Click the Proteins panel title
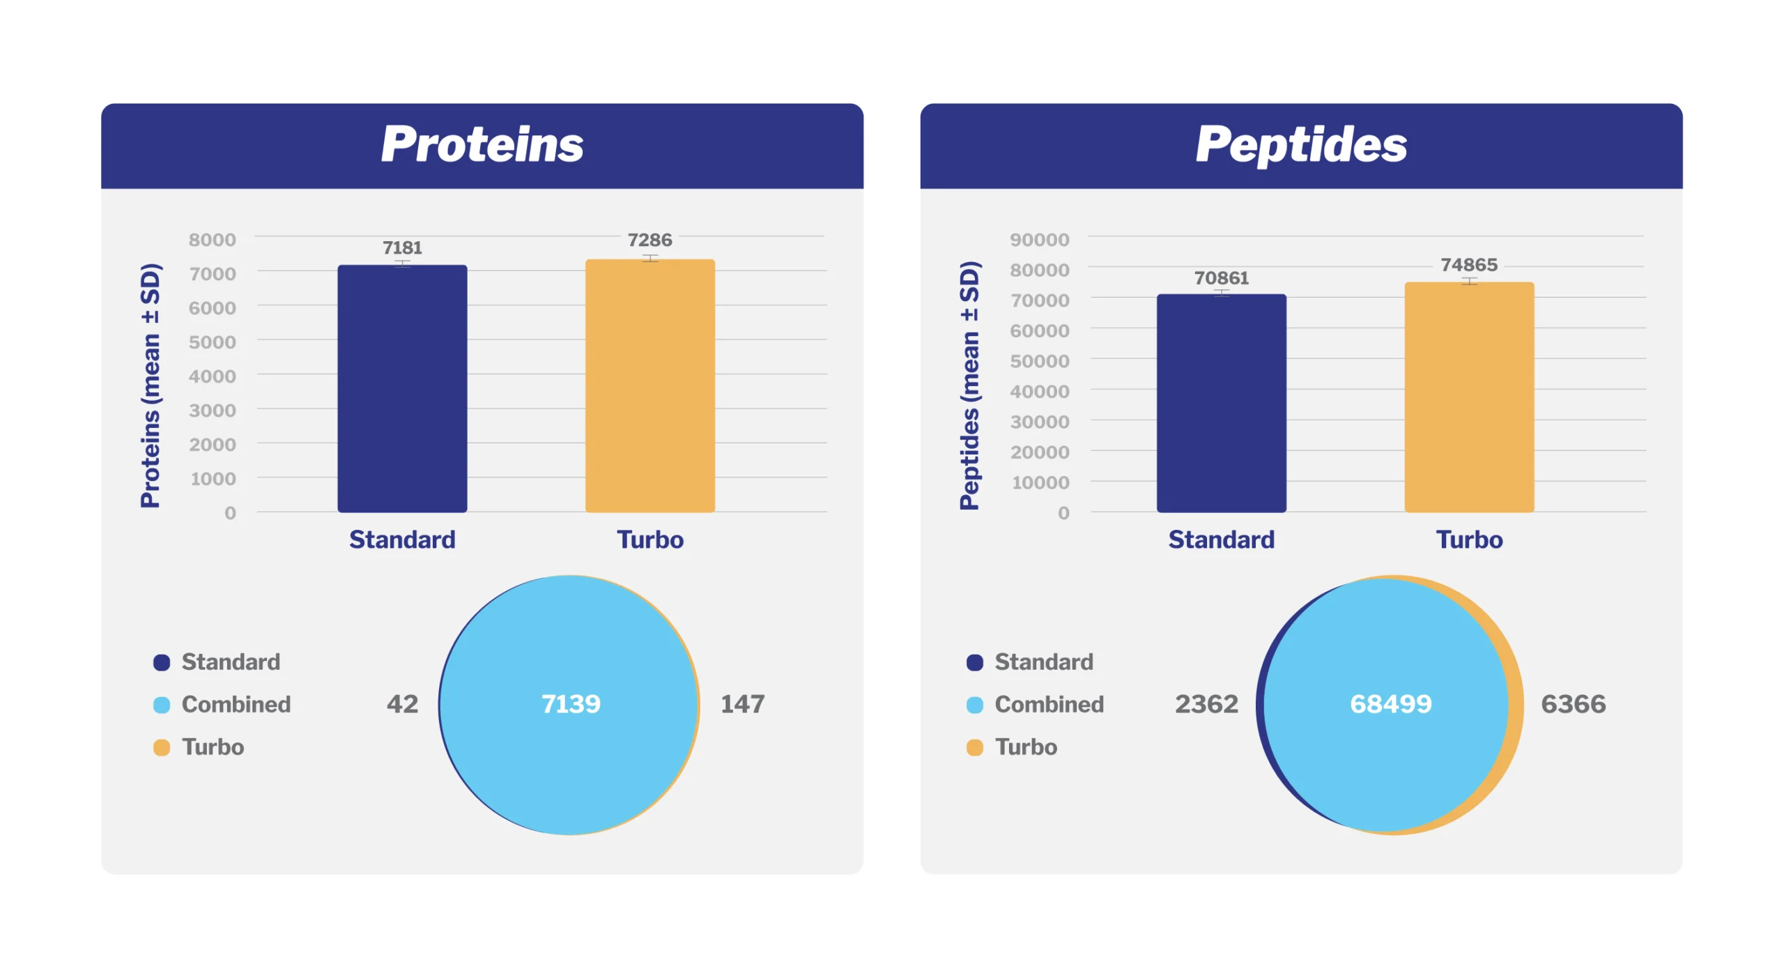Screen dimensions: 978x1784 pos(482,144)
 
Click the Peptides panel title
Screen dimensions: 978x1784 pos(1300,144)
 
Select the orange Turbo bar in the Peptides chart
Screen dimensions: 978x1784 pos(1468,397)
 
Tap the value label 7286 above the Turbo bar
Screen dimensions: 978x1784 pos(649,240)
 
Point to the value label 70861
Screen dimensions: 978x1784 pos(1221,277)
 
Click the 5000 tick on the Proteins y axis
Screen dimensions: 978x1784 pos(212,342)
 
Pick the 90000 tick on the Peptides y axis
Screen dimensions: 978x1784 pos(1039,239)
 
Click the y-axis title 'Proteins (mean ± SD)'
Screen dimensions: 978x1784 pos(151,385)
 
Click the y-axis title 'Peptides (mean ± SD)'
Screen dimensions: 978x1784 pos(969,385)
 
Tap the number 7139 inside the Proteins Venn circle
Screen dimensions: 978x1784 pos(571,703)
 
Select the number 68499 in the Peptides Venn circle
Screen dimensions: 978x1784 pos(1390,703)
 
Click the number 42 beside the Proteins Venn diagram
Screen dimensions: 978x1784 pos(402,703)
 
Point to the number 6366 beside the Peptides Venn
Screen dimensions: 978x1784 pos(1573,703)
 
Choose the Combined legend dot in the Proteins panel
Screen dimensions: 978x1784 pos(162,704)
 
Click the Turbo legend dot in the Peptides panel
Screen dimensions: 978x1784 pos(974,747)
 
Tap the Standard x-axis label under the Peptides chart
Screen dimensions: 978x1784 pos(1221,539)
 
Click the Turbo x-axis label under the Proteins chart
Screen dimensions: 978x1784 pos(649,539)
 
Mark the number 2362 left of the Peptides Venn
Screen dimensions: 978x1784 pos(1206,703)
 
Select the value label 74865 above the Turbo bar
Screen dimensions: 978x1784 pos(1468,265)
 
